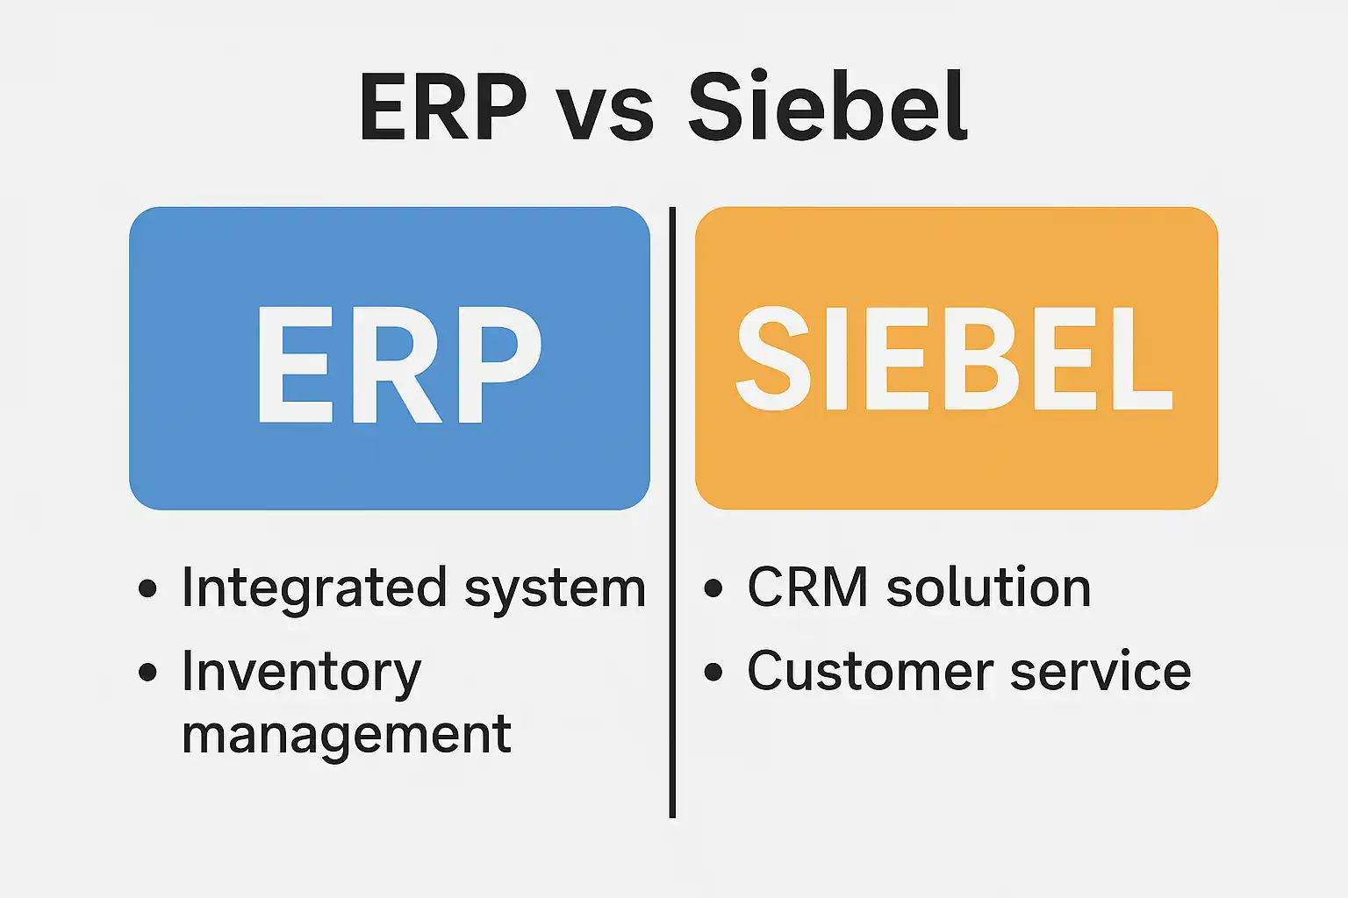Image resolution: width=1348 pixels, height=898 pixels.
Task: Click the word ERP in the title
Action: pos(442,107)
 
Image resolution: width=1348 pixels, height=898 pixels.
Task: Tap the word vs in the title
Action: pos(606,115)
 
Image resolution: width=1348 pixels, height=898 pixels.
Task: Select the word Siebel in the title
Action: pos(828,107)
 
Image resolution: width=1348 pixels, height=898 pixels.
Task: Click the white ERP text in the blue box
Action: pos(398,365)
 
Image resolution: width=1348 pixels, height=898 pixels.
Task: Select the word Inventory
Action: pos(301,673)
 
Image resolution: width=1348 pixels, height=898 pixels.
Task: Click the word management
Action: pos(346,735)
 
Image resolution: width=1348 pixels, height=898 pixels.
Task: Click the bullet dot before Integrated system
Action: pos(147,588)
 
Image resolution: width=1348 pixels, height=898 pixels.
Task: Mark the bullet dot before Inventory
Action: pos(147,672)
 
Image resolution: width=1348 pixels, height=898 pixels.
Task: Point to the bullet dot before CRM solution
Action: pos(713,588)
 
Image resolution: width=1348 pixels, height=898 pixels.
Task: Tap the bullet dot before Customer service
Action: pos(713,672)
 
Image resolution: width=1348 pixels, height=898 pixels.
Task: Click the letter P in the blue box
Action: pos(495,365)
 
